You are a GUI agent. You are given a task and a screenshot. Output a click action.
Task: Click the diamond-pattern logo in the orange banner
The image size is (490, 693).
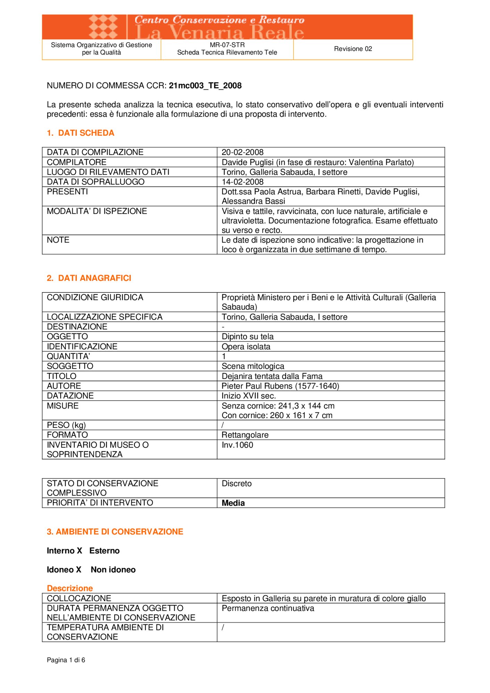103,27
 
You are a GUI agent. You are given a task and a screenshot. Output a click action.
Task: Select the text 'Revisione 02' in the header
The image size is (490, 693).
353,49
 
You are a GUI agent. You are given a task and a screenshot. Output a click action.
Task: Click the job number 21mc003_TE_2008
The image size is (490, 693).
205,86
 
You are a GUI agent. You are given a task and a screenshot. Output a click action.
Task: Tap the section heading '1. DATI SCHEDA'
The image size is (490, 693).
80,133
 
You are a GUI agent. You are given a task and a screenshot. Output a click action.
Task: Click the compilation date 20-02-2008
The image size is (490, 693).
242,152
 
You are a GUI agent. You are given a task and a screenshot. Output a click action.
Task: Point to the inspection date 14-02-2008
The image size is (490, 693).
242,182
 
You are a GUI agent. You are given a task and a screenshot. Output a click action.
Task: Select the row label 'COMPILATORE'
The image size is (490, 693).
77,162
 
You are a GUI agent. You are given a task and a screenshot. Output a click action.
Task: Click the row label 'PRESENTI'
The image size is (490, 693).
67,192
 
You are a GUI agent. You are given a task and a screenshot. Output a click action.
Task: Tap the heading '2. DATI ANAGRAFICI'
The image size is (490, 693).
89,278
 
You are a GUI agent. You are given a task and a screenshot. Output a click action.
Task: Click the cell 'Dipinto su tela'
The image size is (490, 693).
247,336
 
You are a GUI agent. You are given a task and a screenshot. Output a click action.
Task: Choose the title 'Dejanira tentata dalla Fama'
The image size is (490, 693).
272,376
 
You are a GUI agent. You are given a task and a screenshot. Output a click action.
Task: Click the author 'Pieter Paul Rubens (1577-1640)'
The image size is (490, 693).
280,386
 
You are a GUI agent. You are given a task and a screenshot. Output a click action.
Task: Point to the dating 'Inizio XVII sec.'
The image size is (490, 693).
249,396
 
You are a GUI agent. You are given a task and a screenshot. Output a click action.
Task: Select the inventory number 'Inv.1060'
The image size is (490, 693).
237,445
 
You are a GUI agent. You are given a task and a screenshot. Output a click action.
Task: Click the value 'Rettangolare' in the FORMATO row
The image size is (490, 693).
245,435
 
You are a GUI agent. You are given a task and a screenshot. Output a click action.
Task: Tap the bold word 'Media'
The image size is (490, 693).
233,503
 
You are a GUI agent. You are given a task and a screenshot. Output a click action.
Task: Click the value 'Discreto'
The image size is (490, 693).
237,483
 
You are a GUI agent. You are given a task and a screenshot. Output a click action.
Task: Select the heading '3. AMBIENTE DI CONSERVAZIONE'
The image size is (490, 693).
115,532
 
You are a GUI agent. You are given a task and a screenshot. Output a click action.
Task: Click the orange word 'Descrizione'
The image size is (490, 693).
70,588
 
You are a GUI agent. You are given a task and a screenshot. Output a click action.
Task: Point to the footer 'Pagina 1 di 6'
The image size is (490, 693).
66,660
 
